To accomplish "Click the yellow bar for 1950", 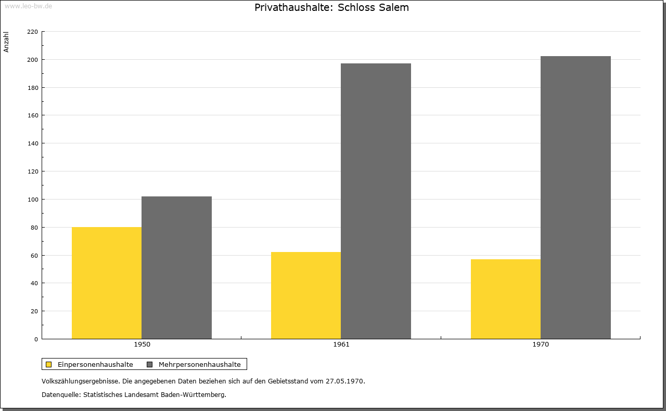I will pyautogui.click(x=107, y=283).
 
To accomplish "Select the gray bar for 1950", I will pyautogui.click(x=176, y=268).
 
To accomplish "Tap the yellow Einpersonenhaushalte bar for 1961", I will pyautogui.click(x=306, y=296).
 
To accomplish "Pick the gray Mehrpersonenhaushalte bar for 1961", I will pyautogui.click(x=376, y=201).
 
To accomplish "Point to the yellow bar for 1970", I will pyautogui.click(x=506, y=299).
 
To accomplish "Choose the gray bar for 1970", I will pyautogui.click(x=575, y=197).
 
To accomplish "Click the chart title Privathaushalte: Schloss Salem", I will pyautogui.click(x=331, y=8).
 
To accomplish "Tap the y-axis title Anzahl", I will pyautogui.click(x=7, y=42).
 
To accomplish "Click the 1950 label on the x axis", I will pyautogui.click(x=142, y=344).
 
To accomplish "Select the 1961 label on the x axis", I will pyautogui.click(x=341, y=344).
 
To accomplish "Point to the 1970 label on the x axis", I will pyautogui.click(x=541, y=344).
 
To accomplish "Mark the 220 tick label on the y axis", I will pyautogui.click(x=32, y=32).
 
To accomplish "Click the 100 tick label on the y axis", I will pyautogui.click(x=32, y=200).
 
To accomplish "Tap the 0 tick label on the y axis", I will pyautogui.click(x=36, y=339).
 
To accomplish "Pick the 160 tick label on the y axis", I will pyautogui.click(x=32, y=115).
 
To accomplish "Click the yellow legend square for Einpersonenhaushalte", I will pyautogui.click(x=49, y=364).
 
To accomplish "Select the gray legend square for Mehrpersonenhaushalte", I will pyautogui.click(x=150, y=364).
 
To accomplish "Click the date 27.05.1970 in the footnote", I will pyautogui.click(x=345, y=381).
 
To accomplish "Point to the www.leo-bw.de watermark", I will pyautogui.click(x=28, y=6).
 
